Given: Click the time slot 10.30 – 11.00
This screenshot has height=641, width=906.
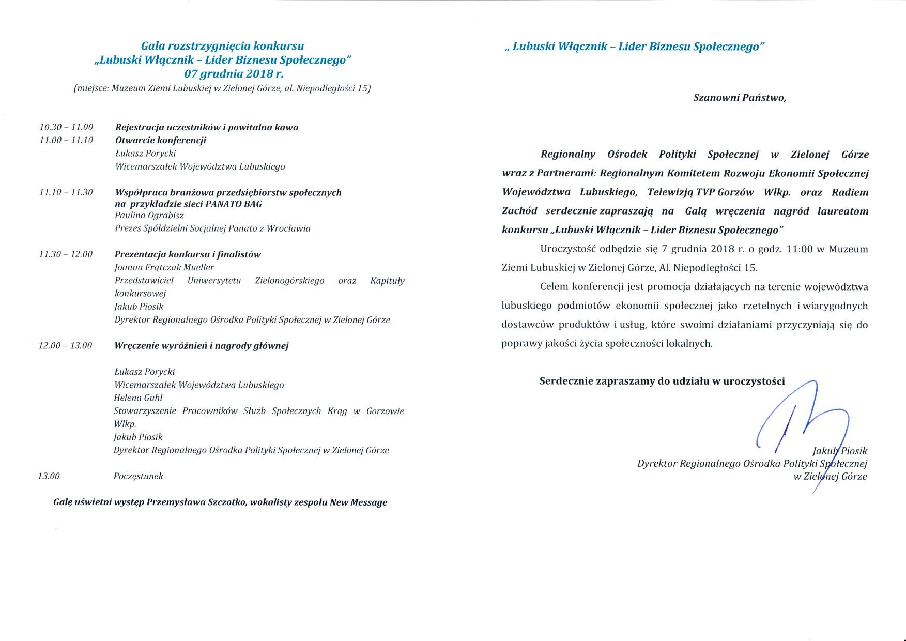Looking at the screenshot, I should (66, 127).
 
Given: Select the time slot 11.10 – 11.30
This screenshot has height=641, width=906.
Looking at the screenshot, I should (66, 192).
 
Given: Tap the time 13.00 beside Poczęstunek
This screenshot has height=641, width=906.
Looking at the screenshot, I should (49, 476).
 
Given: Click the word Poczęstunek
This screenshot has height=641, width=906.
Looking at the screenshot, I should (139, 476).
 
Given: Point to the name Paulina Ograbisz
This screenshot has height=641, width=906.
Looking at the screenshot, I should (149, 216).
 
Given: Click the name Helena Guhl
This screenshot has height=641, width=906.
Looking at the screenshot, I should (138, 398).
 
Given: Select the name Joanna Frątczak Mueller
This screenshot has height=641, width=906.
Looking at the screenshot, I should (164, 267).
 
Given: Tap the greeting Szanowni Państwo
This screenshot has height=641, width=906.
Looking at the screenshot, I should (739, 98).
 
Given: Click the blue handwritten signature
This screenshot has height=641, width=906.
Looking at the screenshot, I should (796, 424).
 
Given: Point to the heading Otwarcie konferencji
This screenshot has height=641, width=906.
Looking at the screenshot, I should (161, 140).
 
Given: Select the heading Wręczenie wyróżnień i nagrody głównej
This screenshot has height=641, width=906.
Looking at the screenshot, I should (201, 346).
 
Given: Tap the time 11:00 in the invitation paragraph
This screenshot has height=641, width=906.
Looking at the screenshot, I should (799, 249).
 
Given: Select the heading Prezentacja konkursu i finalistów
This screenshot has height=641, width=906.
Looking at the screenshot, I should (188, 254).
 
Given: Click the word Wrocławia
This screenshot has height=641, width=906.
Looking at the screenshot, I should (288, 228).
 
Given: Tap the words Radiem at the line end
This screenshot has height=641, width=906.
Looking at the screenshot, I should (850, 192).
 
